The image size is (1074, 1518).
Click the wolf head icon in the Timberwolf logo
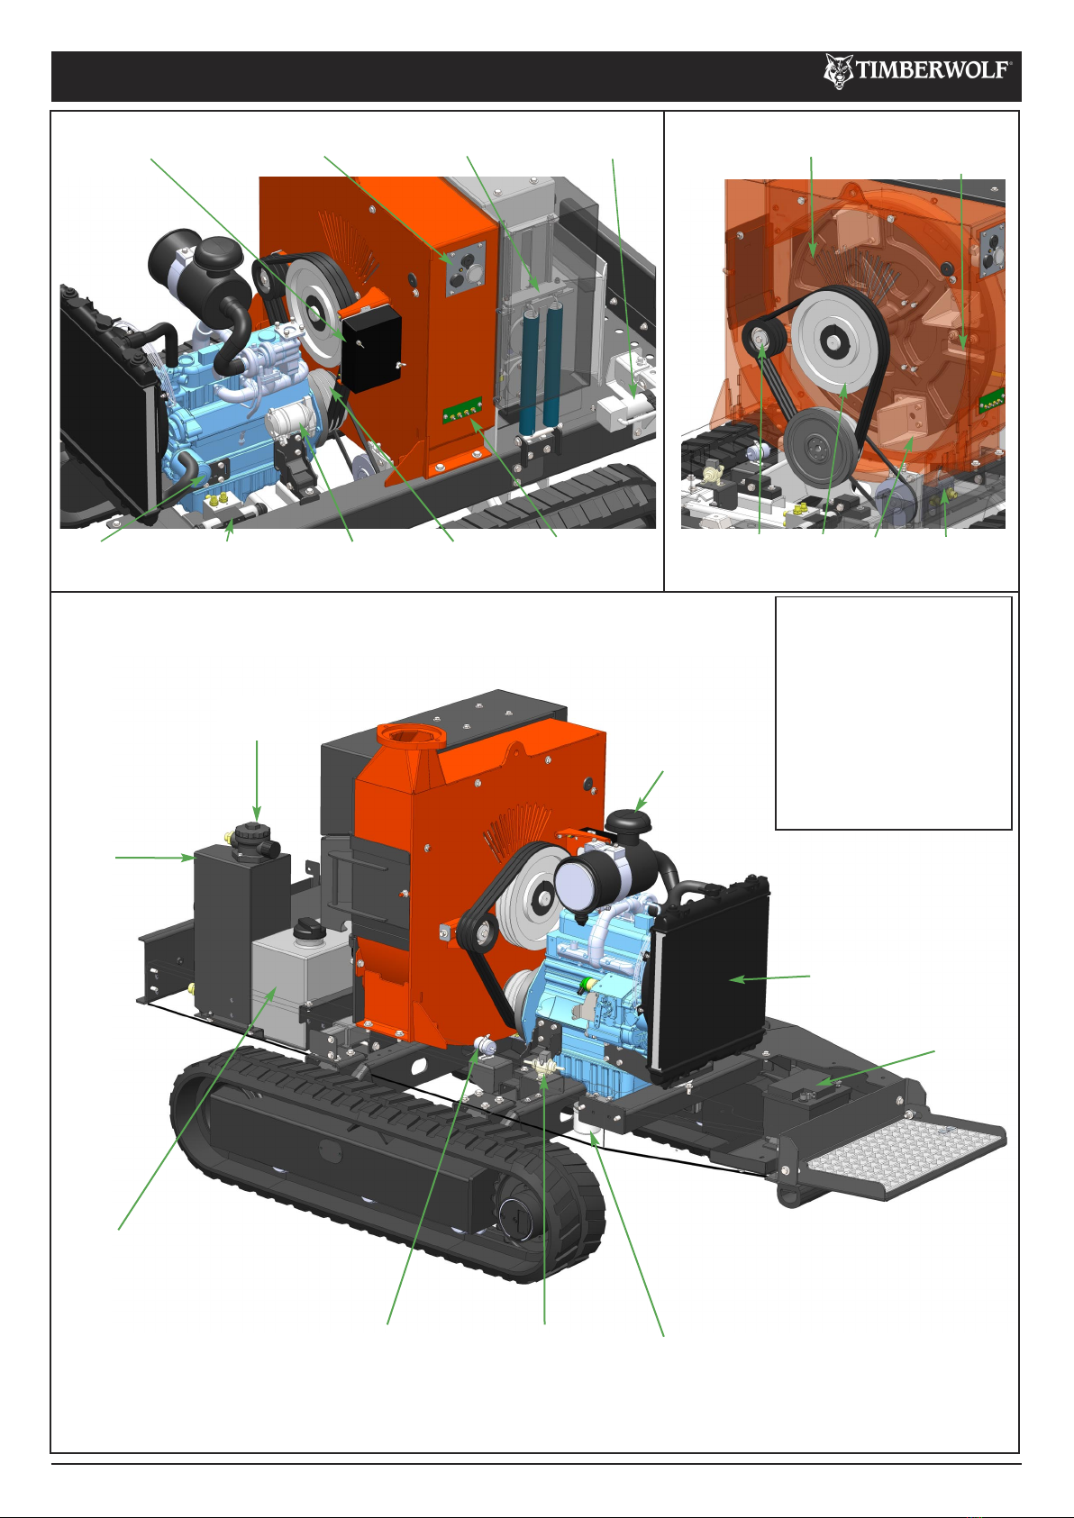click(x=839, y=72)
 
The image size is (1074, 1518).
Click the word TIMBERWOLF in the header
click(x=933, y=70)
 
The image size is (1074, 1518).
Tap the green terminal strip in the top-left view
click(x=462, y=410)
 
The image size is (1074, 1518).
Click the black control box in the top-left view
click(x=371, y=349)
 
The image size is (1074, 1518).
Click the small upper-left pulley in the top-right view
click(x=760, y=337)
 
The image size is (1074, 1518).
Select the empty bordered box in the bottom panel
click(x=893, y=713)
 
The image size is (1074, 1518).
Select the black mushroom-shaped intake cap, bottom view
click(x=628, y=823)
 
